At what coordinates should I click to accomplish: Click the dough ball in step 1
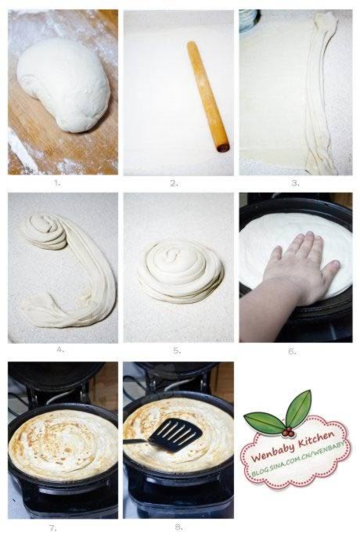pyautogui.click(x=64, y=85)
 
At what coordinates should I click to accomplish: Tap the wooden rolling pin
pyautogui.click(x=208, y=96)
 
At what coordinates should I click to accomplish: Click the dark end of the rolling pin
pyautogui.click(x=224, y=148)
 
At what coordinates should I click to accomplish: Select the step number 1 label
pyautogui.click(x=57, y=184)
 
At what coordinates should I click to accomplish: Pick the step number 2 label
pyautogui.click(x=175, y=184)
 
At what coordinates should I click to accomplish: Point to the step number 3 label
pyautogui.click(x=295, y=184)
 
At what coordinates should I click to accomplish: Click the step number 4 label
pyautogui.click(x=60, y=350)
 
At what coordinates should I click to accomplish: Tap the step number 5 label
pyautogui.click(x=177, y=351)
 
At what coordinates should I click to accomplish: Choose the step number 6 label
pyautogui.click(x=292, y=351)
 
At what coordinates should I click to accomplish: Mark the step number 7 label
pyautogui.click(x=53, y=527)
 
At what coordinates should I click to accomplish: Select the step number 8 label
pyautogui.click(x=178, y=527)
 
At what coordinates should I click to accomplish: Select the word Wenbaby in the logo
pyautogui.click(x=273, y=453)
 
